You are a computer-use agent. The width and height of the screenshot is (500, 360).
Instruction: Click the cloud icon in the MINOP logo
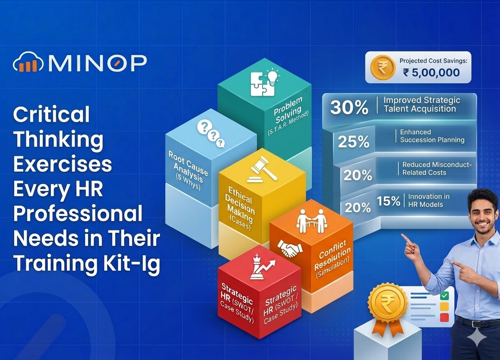click(28, 62)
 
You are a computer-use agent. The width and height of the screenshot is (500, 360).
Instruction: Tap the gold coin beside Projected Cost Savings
click(383, 67)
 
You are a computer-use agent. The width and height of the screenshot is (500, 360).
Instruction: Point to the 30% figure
click(349, 107)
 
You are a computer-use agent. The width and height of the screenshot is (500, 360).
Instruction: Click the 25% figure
click(354, 142)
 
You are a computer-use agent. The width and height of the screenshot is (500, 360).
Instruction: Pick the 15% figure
click(388, 201)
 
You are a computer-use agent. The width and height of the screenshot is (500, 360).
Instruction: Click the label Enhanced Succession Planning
click(432, 136)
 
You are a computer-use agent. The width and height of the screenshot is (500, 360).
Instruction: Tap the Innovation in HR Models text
click(428, 200)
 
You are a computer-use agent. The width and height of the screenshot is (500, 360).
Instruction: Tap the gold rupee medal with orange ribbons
click(387, 304)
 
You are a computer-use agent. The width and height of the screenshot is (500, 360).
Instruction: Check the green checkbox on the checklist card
click(444, 296)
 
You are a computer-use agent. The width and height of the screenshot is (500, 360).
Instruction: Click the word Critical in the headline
click(51, 114)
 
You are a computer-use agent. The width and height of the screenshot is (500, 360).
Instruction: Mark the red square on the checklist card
click(444, 317)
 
